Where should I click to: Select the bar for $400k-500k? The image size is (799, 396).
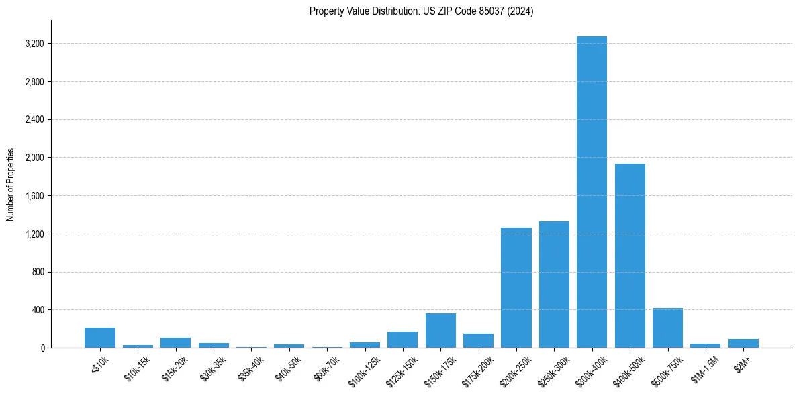click(630, 256)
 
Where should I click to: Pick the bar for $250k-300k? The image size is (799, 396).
click(554, 285)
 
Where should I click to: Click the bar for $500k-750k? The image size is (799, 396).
click(667, 328)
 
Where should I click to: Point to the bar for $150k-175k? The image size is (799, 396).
click(440, 331)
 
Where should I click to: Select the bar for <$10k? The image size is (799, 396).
click(100, 338)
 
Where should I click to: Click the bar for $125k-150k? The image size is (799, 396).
click(402, 340)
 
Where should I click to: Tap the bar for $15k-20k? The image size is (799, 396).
click(175, 342)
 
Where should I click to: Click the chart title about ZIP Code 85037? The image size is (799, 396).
click(421, 11)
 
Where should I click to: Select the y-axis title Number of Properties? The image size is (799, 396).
click(11, 185)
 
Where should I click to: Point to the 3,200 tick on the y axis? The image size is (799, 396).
click(34, 44)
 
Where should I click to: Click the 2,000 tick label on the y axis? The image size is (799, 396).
click(34, 158)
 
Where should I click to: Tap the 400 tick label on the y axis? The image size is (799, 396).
click(38, 310)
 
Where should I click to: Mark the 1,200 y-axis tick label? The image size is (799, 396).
click(34, 234)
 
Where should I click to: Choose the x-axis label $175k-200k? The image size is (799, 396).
click(478, 368)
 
